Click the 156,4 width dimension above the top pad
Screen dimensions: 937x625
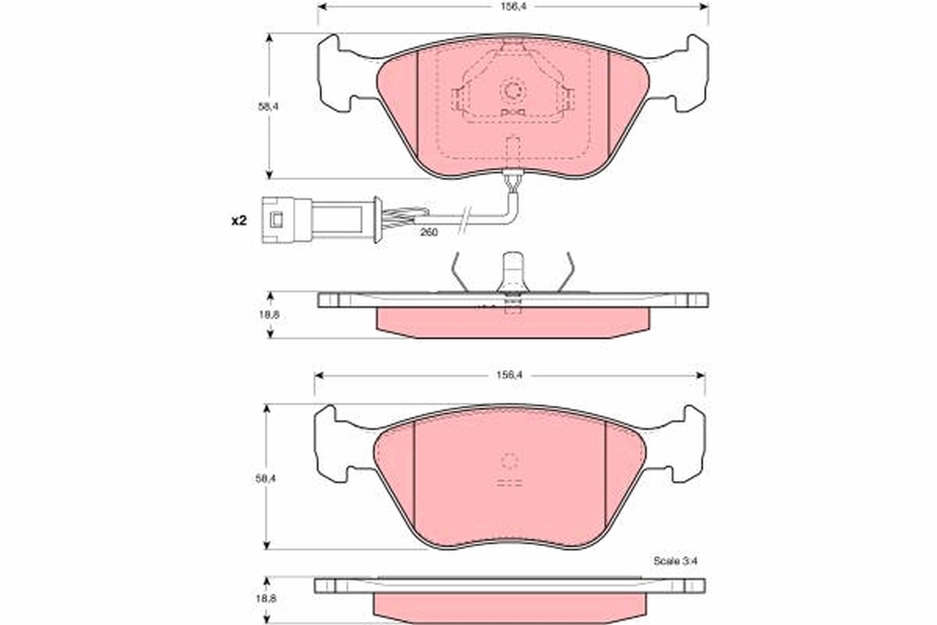click(513, 7)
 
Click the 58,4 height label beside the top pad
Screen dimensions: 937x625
click(269, 107)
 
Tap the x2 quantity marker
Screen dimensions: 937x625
click(239, 220)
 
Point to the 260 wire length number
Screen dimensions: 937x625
click(429, 232)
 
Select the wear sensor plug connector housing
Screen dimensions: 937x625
click(287, 220)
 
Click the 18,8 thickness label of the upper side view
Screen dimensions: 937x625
click(269, 314)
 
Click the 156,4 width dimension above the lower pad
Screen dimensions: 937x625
click(509, 375)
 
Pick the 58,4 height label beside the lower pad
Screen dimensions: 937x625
click(266, 478)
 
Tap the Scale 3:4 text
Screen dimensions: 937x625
click(675, 560)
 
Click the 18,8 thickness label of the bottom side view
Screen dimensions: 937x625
click(266, 598)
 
